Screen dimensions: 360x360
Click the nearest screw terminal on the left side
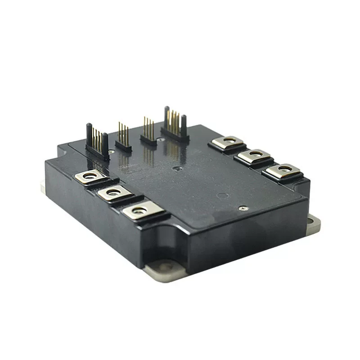(x=140, y=210)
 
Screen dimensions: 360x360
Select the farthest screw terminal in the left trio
(x=90, y=176)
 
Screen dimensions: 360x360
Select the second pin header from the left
(x=123, y=137)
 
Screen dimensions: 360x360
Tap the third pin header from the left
(x=148, y=131)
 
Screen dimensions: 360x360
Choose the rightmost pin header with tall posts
(x=175, y=124)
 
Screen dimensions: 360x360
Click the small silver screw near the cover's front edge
(x=243, y=208)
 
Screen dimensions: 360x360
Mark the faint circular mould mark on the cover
(x=221, y=196)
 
